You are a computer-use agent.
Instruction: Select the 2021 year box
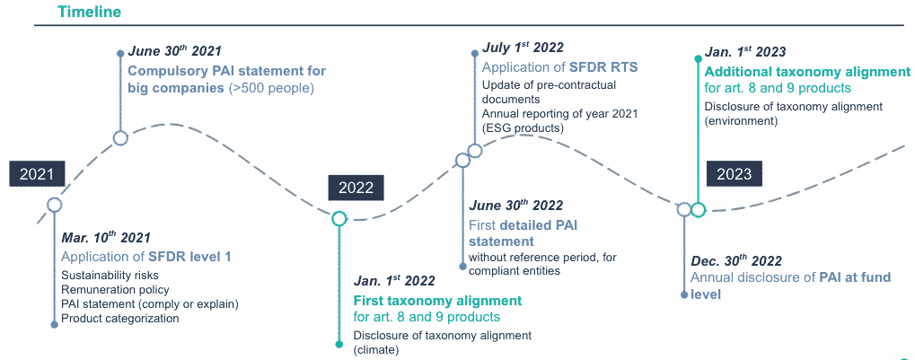click(x=37, y=173)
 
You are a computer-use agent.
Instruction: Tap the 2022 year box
click(x=356, y=188)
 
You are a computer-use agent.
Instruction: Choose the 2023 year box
click(x=735, y=173)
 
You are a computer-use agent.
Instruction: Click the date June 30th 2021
click(x=174, y=51)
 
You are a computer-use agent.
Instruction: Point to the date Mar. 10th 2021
click(x=106, y=238)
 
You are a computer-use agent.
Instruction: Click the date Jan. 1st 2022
click(x=394, y=281)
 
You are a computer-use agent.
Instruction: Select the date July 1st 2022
click(x=523, y=48)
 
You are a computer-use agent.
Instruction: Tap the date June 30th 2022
click(x=515, y=206)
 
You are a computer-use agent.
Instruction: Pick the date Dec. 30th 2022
click(x=736, y=261)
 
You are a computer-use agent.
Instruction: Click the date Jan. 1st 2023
click(x=745, y=52)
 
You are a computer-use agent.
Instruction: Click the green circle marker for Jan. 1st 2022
click(x=339, y=219)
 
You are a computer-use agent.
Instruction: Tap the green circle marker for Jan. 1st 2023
click(x=698, y=209)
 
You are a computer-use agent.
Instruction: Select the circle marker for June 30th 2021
click(x=120, y=138)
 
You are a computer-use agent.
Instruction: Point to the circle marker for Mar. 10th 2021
click(x=54, y=204)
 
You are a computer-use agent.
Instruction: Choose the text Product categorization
click(x=119, y=319)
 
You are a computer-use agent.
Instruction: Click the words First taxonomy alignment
click(x=437, y=301)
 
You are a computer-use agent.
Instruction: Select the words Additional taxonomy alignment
click(x=807, y=73)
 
